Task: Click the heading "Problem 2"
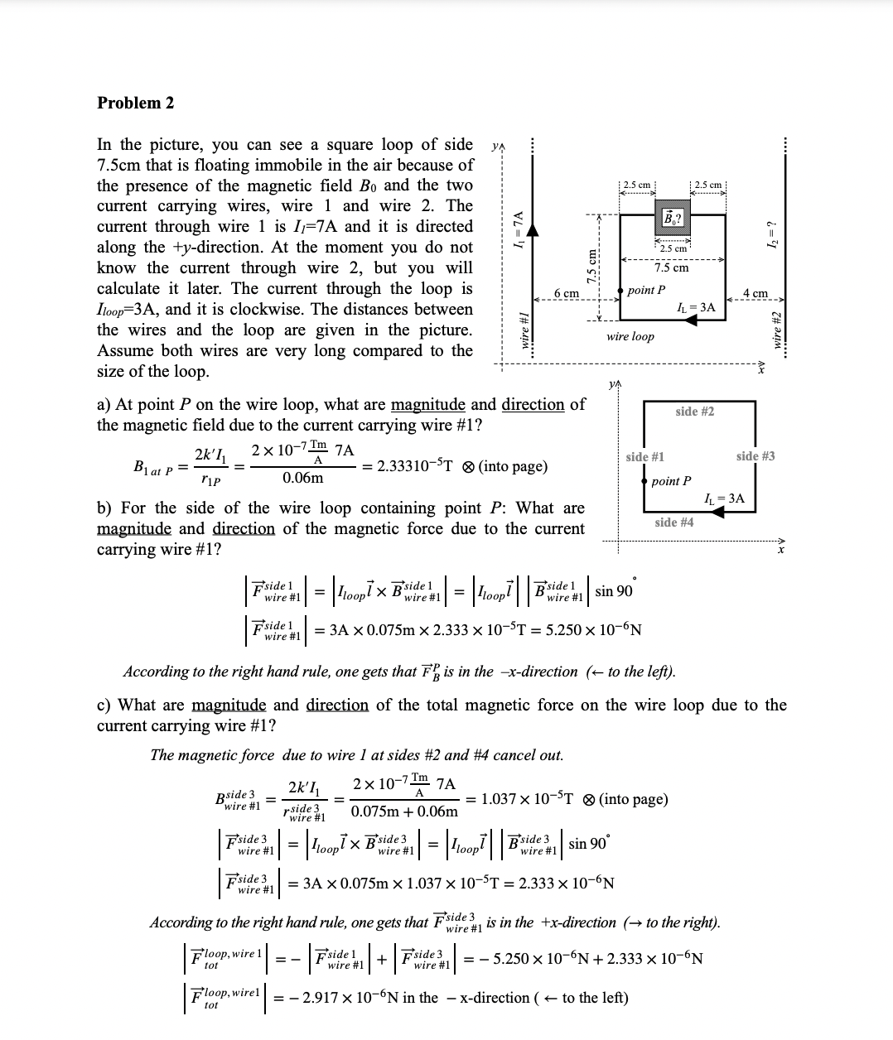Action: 136,104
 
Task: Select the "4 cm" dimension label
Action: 755,294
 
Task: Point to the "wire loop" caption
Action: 630,336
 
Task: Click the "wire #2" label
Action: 776,329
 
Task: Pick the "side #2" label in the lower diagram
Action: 694,412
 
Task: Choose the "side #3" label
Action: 755,456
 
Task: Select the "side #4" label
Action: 673,522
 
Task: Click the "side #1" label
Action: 644,457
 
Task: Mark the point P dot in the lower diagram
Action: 643,481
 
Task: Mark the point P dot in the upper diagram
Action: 621,290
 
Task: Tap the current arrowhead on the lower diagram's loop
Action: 718,513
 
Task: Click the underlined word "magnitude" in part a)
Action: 430,405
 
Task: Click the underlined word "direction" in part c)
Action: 337,705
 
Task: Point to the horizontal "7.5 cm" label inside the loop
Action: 671,267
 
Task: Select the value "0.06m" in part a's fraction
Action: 302,479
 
